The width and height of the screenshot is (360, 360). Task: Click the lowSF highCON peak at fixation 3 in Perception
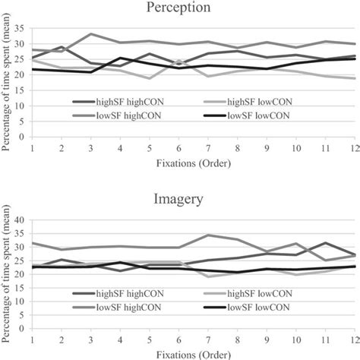91,34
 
